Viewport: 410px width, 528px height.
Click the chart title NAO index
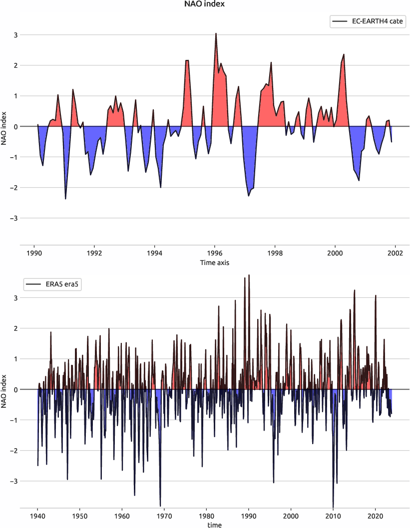(205, 4)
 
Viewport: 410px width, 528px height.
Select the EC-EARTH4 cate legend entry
(367, 21)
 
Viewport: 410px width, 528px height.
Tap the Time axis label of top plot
(215, 262)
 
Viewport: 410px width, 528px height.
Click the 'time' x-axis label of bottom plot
(215, 525)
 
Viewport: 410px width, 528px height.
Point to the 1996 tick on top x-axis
(215, 253)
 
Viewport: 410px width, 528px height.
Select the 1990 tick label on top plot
(34, 253)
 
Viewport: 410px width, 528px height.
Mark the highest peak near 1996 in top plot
(216, 33)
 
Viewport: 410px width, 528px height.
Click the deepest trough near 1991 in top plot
(65, 199)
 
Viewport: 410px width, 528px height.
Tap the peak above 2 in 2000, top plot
(344, 54)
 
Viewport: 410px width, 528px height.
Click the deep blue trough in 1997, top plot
(249, 196)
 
